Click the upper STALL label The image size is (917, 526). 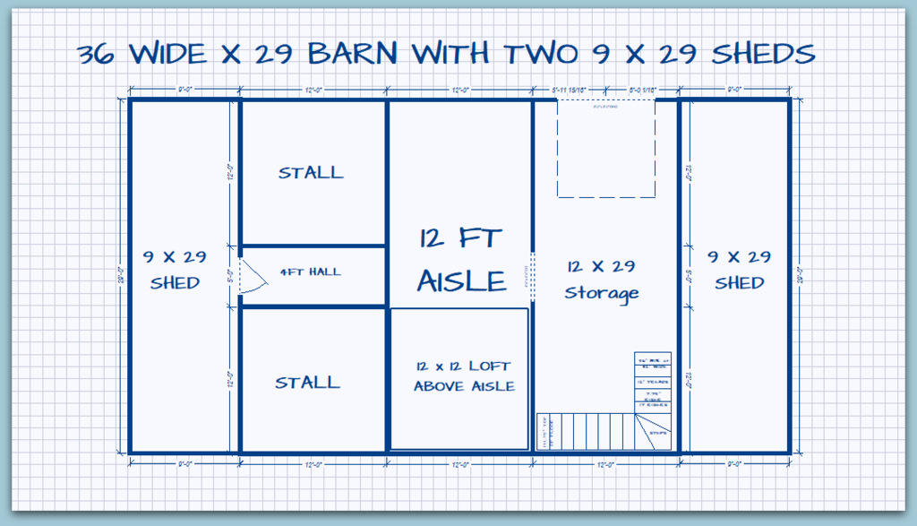pos(311,172)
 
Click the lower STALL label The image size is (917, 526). pos(307,383)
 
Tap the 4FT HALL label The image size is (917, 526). pos(311,272)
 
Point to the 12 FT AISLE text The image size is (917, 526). pos(461,260)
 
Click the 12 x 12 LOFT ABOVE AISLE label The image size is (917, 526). pos(463,376)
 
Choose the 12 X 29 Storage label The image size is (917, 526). pos(602,279)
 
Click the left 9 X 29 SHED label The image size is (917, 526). pos(175,270)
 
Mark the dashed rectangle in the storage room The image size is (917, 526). pos(606,148)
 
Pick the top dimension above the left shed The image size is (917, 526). pos(184,90)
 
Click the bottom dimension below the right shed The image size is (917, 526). pos(734,463)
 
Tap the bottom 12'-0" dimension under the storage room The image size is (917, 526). pos(606,463)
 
